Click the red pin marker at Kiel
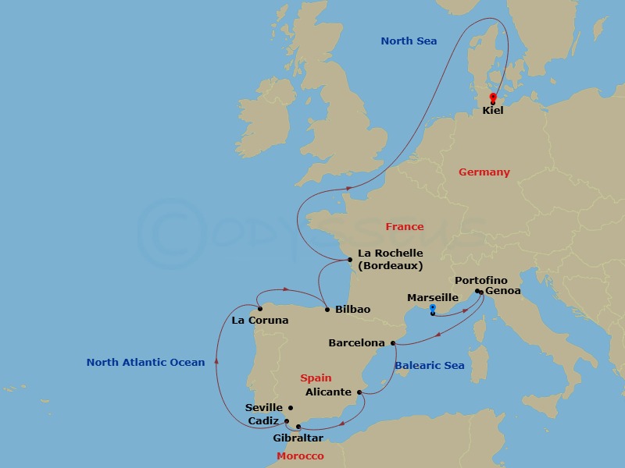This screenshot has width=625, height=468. tap(493, 97)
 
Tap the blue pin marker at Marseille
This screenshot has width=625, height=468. tap(432, 310)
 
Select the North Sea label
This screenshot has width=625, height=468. tap(409, 41)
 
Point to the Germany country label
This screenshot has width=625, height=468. tap(484, 172)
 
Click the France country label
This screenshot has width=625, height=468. tap(404, 227)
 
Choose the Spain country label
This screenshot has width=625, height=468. tap(316, 378)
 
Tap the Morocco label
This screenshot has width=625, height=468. tap(300, 456)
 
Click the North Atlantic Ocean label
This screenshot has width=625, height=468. tap(145, 362)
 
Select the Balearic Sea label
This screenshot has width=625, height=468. tap(429, 366)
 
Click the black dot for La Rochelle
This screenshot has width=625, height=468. tap(349, 260)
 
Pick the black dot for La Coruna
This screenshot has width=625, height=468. tap(259, 309)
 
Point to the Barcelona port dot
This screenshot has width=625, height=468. tap(393, 343)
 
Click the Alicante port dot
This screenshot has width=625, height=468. tap(359, 392)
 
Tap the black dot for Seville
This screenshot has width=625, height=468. tap(291, 407)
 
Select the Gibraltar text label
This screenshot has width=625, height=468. tap(298, 438)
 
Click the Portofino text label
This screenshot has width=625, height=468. tap(480, 281)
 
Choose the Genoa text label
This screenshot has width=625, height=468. tap(502, 292)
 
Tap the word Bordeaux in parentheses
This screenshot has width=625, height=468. tap(390, 266)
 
